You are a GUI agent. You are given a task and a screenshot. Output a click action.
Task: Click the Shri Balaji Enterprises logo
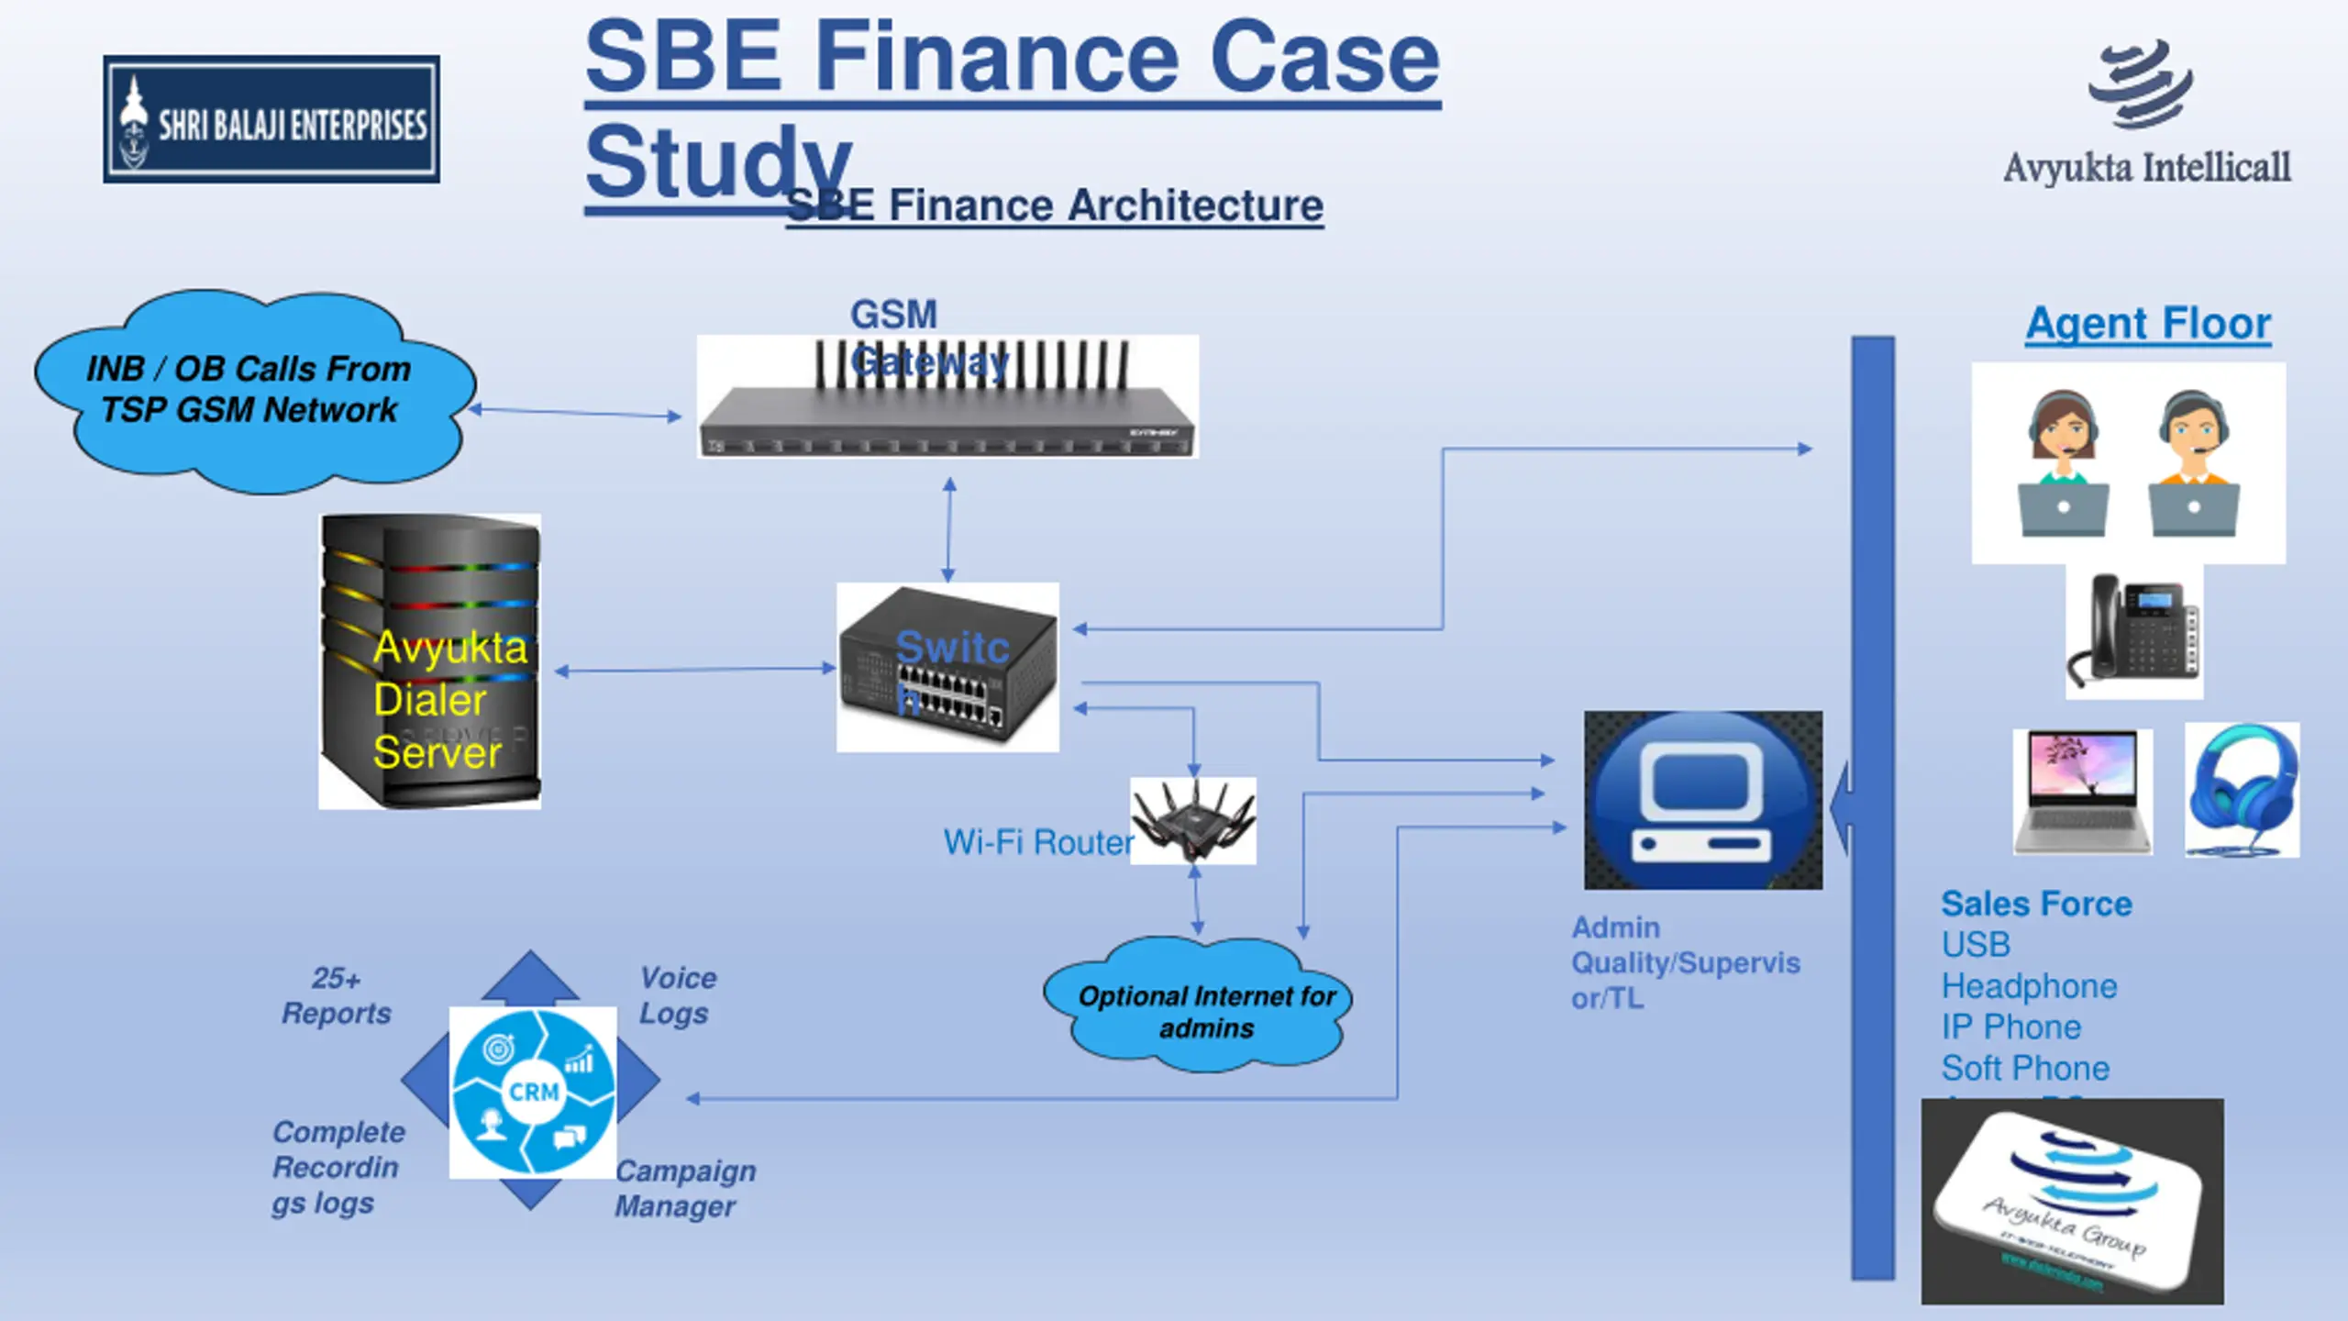[x=271, y=119]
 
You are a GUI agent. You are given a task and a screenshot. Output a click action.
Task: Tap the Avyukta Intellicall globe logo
[x=2141, y=84]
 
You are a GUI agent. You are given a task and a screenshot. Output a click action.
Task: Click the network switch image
[x=947, y=668]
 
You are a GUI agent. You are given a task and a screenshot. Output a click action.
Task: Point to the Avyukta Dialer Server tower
[x=429, y=660]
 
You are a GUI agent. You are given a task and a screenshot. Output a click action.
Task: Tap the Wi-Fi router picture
[x=1192, y=821]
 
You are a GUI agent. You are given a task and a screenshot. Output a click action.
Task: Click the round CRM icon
[x=533, y=1092]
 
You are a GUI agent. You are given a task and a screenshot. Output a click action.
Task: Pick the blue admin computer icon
[x=1702, y=800]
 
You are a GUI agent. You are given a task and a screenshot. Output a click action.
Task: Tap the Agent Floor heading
[x=2148, y=324]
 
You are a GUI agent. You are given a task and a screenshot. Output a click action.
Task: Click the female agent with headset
[x=2063, y=463]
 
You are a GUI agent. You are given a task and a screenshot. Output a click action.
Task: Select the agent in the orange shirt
[x=2193, y=463]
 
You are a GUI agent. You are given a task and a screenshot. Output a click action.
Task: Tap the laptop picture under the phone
[x=2082, y=791]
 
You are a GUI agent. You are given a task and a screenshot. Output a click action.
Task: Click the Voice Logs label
[x=677, y=995]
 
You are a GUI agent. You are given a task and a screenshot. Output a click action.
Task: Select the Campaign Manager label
[x=684, y=1188]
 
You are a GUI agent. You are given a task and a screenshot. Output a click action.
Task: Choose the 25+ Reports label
[x=336, y=995]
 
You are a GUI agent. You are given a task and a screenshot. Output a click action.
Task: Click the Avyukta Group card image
[x=2072, y=1202]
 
